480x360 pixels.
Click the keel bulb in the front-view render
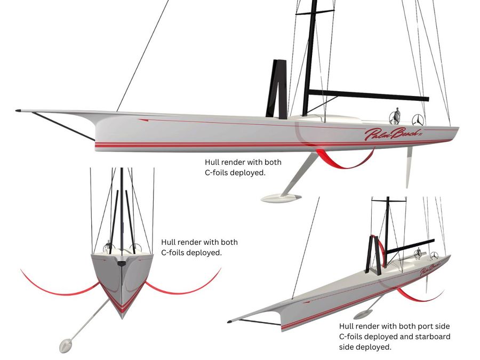(x=66, y=345)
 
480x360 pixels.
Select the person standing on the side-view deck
(x=397, y=116)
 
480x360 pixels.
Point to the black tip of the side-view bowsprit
(x=18, y=110)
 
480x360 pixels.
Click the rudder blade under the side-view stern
(x=409, y=167)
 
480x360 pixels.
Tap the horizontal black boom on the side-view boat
(x=369, y=95)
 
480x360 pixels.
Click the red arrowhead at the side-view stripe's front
(x=143, y=121)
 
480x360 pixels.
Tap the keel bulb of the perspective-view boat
(x=363, y=314)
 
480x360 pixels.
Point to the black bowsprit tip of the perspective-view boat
(x=229, y=322)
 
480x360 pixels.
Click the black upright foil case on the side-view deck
(x=277, y=89)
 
